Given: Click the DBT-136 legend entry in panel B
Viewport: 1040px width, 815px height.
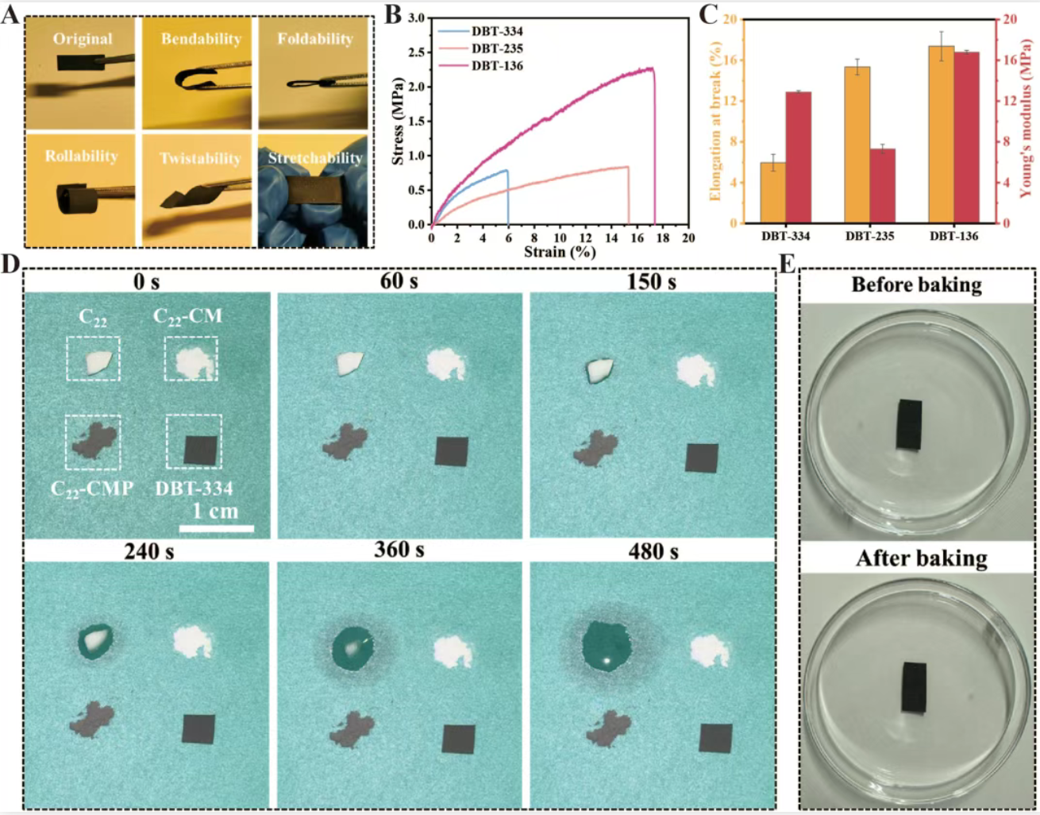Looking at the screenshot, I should pos(497,66).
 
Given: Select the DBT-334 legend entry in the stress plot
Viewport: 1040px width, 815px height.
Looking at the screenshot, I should pos(497,31).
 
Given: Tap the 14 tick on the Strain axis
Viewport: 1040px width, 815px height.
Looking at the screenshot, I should pos(611,238).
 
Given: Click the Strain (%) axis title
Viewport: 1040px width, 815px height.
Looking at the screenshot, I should pos(560,252).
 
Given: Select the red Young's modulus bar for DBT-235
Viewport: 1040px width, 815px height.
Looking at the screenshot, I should pos(882,185).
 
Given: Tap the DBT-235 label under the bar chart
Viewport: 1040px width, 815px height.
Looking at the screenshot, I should pos(869,236).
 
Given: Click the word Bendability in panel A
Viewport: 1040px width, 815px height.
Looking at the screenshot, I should pos(201,39).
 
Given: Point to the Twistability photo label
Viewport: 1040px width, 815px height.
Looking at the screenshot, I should pos(200,158).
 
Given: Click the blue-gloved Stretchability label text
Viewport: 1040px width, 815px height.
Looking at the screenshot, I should pos(315,158).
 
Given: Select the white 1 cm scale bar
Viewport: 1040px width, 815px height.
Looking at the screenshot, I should pos(217,527).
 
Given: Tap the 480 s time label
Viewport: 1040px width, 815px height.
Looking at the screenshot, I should pos(653,551).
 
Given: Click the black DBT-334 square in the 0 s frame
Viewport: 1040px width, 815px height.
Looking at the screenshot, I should pos(201,450).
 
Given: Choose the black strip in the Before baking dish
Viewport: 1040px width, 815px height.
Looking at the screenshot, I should pos(909,425).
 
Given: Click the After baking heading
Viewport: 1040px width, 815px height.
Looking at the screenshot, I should pos(921,558).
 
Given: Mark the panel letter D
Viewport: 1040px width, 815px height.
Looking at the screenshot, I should pos(10,264).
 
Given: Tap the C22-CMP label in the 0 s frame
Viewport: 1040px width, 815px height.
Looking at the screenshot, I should pos(92,488).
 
